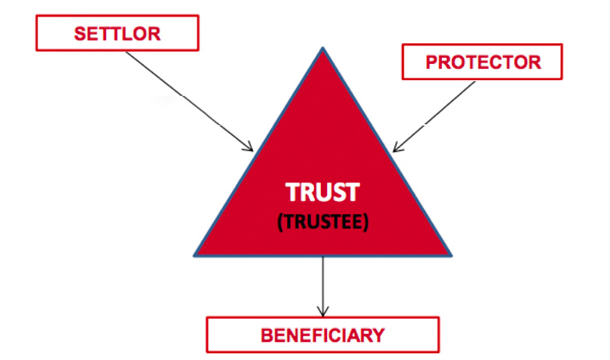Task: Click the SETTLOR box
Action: click(x=116, y=34)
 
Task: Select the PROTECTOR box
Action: click(x=482, y=62)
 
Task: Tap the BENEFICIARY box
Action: click(x=322, y=333)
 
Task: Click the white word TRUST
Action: click(x=323, y=193)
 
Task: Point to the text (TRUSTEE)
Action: click(x=323, y=221)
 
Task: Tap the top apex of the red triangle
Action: click(x=323, y=49)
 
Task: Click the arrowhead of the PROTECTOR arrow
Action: click(x=395, y=149)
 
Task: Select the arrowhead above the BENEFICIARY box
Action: click(x=324, y=312)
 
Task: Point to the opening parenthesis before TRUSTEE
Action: click(x=280, y=221)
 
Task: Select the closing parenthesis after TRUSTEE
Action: click(x=366, y=221)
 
